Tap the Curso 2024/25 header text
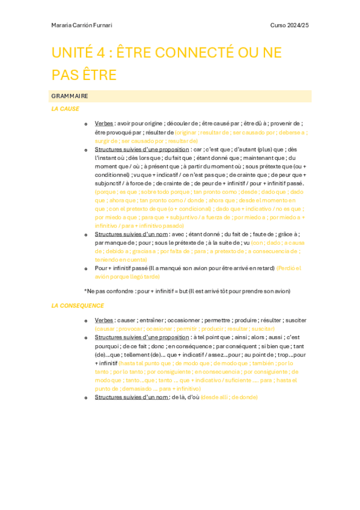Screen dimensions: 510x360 (x=289, y=25)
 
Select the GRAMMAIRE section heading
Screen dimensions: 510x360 (x=70, y=96)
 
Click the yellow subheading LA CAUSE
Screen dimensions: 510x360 (x=65, y=109)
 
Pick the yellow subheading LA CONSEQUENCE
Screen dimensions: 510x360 (x=78, y=306)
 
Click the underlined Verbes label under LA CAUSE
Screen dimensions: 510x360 (x=105, y=123)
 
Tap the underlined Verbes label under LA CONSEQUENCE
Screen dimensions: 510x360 (x=105, y=321)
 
